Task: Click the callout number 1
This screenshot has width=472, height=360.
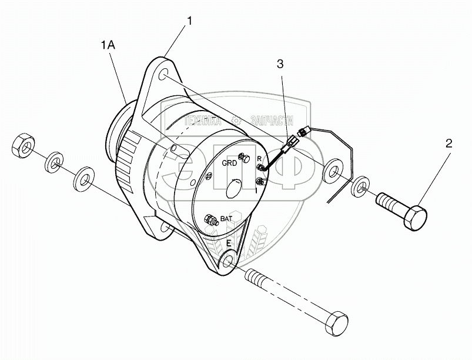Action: click(x=189, y=22)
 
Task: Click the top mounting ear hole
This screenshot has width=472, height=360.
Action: click(x=165, y=75)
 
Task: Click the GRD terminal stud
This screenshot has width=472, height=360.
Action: click(x=246, y=159)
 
